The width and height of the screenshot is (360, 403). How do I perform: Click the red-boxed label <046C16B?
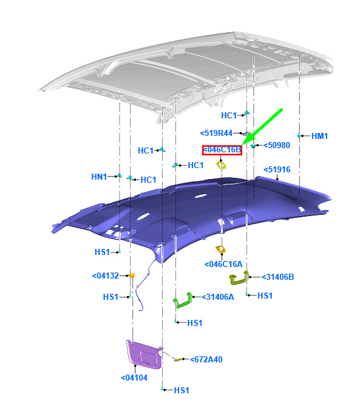(x=222, y=150)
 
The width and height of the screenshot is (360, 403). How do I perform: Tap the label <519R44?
(x=216, y=133)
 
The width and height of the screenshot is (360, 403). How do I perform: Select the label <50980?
(x=277, y=145)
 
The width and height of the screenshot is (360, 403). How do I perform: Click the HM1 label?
(x=319, y=136)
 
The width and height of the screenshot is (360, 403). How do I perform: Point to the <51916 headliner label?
(x=277, y=169)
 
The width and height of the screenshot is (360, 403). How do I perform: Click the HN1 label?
(x=99, y=177)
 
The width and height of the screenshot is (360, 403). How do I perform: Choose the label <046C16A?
(x=223, y=264)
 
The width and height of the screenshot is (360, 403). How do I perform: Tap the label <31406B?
(x=277, y=277)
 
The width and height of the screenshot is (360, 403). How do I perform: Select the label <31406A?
(x=218, y=297)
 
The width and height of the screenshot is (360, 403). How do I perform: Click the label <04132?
(x=106, y=276)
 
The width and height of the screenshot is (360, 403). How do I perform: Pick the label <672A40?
(x=206, y=359)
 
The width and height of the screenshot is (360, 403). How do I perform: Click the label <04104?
(x=134, y=378)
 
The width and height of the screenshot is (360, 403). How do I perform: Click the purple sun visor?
(x=144, y=354)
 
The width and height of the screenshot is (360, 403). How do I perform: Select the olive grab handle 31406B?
(x=239, y=279)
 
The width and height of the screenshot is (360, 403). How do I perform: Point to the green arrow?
(x=262, y=127)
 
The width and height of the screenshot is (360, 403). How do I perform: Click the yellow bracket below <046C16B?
(x=221, y=164)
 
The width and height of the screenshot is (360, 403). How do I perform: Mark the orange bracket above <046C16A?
(x=220, y=249)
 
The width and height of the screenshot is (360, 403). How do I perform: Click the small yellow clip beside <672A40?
(x=178, y=359)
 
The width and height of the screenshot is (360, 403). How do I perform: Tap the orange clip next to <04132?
(x=132, y=276)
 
